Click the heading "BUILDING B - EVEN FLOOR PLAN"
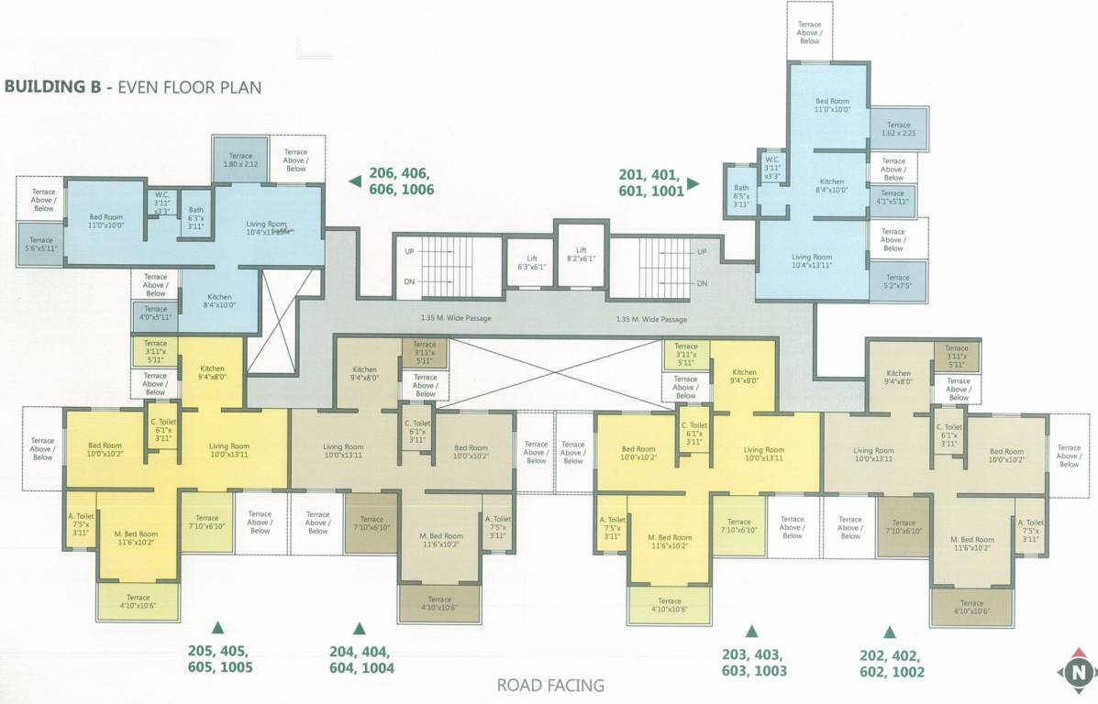[134, 88]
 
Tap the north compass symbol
[1079, 675]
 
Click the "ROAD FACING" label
[549, 684]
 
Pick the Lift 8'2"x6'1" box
[581, 255]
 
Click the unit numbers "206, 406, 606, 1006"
[401, 181]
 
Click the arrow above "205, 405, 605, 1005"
[217, 627]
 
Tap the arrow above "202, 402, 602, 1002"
[888, 632]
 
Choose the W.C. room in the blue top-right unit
[772, 170]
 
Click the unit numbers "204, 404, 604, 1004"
[360, 660]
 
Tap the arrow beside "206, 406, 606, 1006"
[352, 182]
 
